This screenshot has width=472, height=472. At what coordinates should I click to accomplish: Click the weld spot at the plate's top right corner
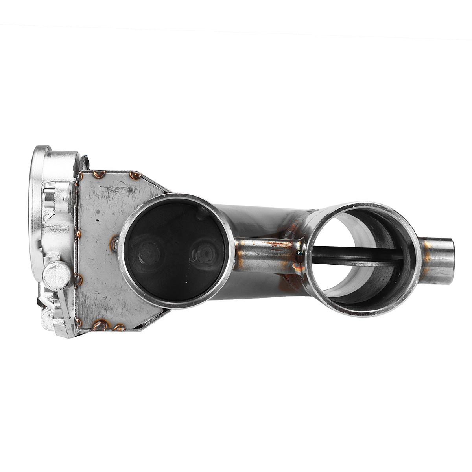(135, 175)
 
